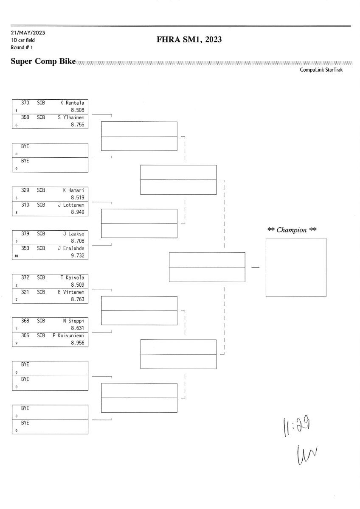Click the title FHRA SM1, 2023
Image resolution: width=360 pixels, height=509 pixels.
click(x=189, y=40)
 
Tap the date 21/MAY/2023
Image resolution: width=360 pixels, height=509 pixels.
click(x=28, y=33)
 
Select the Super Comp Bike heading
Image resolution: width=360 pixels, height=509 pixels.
click(x=43, y=62)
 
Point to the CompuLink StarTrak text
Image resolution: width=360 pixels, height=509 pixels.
click(x=321, y=70)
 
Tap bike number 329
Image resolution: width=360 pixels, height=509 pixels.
click(x=25, y=190)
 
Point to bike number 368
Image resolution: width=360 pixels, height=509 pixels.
click(x=25, y=322)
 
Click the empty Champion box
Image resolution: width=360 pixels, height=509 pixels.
click(x=295, y=267)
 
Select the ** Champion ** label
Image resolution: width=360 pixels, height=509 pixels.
click(x=292, y=230)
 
